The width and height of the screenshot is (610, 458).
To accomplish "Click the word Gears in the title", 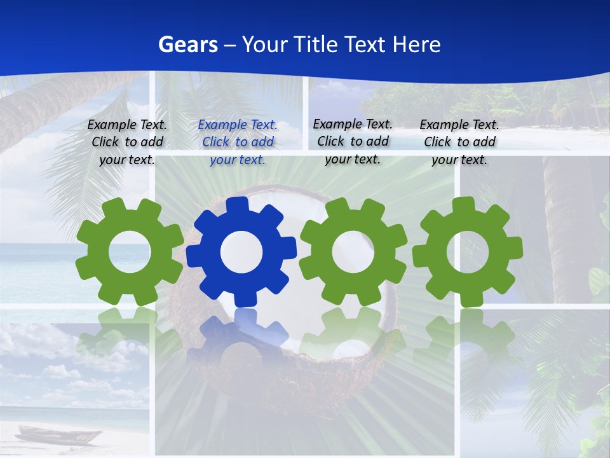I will [x=187, y=45].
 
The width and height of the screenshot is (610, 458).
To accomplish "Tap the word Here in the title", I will [x=416, y=45].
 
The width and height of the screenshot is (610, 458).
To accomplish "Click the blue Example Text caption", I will [x=238, y=142].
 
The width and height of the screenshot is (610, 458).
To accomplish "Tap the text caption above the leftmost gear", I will [x=127, y=142].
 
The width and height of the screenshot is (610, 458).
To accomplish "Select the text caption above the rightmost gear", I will [x=459, y=142].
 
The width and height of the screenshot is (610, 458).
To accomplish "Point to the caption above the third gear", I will [x=353, y=141].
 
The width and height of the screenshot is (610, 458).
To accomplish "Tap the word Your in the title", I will [x=264, y=45].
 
